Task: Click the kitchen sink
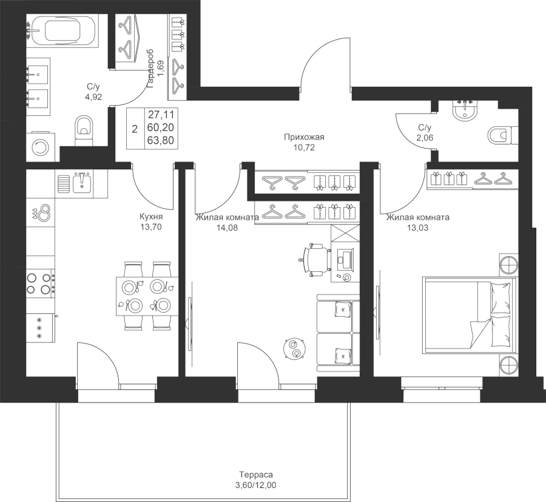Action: coord(80,181)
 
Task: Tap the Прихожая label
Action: coord(305,137)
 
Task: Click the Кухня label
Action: coord(151,217)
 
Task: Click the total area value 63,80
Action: coord(158,139)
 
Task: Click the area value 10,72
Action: coord(305,148)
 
